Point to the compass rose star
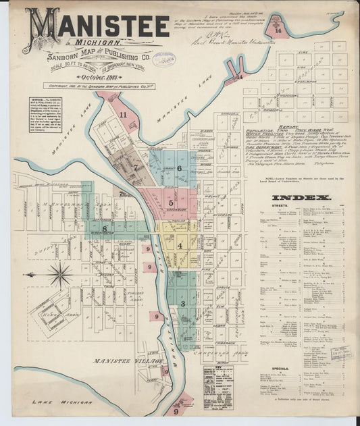tap(59, 274)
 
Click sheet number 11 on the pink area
tap(123, 115)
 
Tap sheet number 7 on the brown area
tap(135, 167)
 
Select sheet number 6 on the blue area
tap(180, 169)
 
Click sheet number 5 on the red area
tap(171, 202)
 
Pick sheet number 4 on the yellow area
tap(180, 245)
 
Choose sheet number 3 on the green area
tap(182, 304)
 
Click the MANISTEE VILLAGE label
tap(128, 362)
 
